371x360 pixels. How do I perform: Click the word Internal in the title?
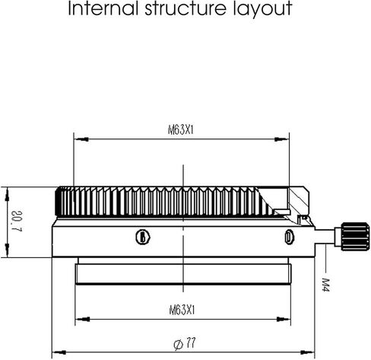click(103, 8)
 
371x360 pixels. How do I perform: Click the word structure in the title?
click(185, 8)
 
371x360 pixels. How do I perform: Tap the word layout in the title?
click(262, 10)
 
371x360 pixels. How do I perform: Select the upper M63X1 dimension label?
click(181, 130)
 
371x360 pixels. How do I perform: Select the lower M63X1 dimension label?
click(182, 310)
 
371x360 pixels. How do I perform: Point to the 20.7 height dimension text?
click(17, 221)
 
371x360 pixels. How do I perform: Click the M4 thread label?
click(325, 285)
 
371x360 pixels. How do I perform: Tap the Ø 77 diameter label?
click(185, 344)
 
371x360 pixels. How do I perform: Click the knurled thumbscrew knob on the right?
click(354, 237)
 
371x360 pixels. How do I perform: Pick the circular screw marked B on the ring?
click(143, 237)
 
